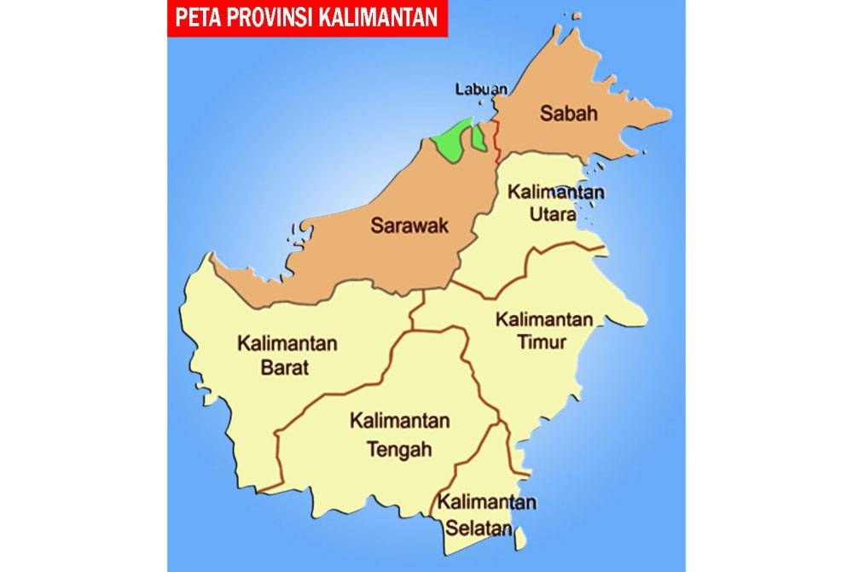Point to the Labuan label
(481, 88)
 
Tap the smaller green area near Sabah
(479, 137)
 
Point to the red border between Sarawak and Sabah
(496, 141)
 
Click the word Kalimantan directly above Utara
(555, 191)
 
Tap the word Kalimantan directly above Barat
(287, 345)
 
